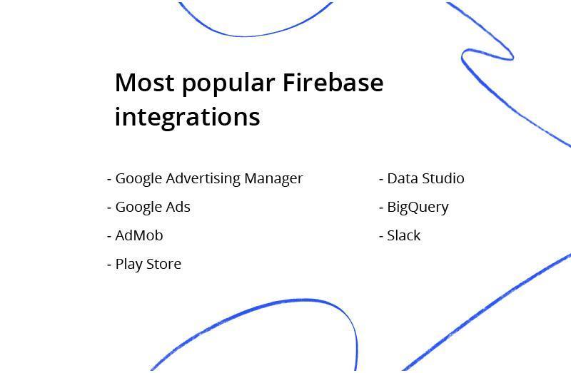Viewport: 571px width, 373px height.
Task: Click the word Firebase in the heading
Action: coord(333,82)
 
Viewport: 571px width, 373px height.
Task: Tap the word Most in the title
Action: coord(145,82)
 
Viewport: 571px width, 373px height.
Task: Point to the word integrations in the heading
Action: coord(188,117)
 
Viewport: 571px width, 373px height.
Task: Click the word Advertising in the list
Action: coord(203,179)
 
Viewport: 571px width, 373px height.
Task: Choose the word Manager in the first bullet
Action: coord(273,179)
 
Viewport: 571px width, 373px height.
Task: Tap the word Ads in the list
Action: coord(178,207)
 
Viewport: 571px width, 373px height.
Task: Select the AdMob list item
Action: coord(138,235)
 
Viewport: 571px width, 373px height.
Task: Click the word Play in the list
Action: coord(128,265)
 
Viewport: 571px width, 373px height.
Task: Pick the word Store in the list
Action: coord(163,264)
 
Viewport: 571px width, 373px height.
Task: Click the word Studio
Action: coord(442,178)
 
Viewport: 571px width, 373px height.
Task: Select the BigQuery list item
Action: coord(418,208)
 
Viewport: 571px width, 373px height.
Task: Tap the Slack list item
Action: coord(403,235)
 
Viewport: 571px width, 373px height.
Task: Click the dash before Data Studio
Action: coord(381,180)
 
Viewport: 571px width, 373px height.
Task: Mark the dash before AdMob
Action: coord(109,237)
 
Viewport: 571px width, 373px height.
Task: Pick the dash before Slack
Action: coord(381,237)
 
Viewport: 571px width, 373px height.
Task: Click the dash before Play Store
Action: coord(109,265)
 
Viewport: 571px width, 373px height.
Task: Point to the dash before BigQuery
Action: coord(381,208)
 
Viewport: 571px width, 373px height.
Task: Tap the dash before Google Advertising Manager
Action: coord(109,180)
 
